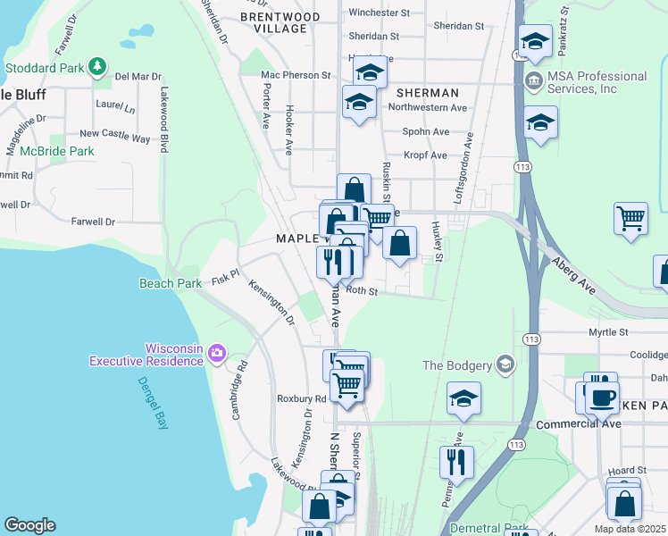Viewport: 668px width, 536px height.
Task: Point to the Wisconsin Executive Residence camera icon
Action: click(216, 354)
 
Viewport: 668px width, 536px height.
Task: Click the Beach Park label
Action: click(171, 283)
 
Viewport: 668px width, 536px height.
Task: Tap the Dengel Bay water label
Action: click(152, 403)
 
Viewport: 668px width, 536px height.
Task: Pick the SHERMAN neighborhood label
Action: click(427, 93)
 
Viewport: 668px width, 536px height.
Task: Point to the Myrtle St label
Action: click(608, 332)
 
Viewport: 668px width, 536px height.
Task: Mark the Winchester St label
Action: click(379, 13)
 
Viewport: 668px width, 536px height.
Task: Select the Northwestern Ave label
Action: click(428, 107)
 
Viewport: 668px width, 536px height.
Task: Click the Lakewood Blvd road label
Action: click(164, 120)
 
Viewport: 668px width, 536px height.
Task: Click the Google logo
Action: click(29, 525)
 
